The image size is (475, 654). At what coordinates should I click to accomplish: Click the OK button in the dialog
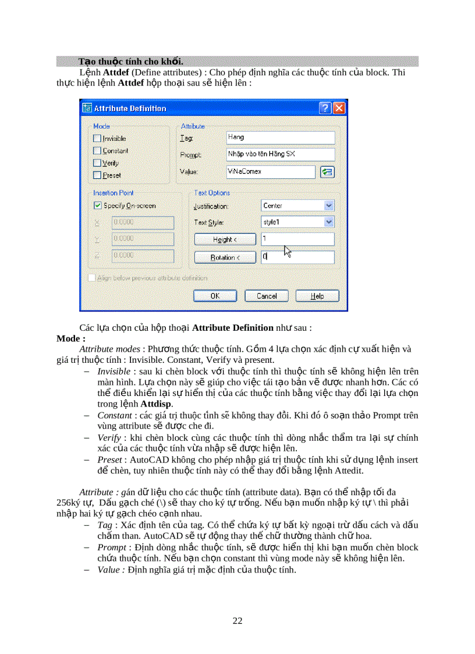point(215,296)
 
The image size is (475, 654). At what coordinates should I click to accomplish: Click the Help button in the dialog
point(317,296)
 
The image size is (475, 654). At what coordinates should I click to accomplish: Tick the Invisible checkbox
point(97,139)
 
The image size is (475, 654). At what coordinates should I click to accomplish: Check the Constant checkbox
point(97,151)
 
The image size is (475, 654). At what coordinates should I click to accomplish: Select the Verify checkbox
point(97,163)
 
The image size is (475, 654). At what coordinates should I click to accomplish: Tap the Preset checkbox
point(97,175)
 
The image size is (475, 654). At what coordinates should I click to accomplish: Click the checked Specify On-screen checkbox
point(97,206)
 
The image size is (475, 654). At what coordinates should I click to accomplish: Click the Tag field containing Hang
point(281,137)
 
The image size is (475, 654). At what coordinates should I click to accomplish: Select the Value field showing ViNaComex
point(271,172)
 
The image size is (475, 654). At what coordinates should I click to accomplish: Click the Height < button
point(225,239)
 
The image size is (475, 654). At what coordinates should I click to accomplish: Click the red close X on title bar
point(339,108)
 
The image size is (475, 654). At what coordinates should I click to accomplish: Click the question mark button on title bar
point(325,108)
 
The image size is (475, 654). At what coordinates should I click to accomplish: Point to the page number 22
point(238,621)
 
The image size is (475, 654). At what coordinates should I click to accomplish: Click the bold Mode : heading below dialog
point(71,338)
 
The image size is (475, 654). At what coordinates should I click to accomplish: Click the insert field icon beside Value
point(327,172)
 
